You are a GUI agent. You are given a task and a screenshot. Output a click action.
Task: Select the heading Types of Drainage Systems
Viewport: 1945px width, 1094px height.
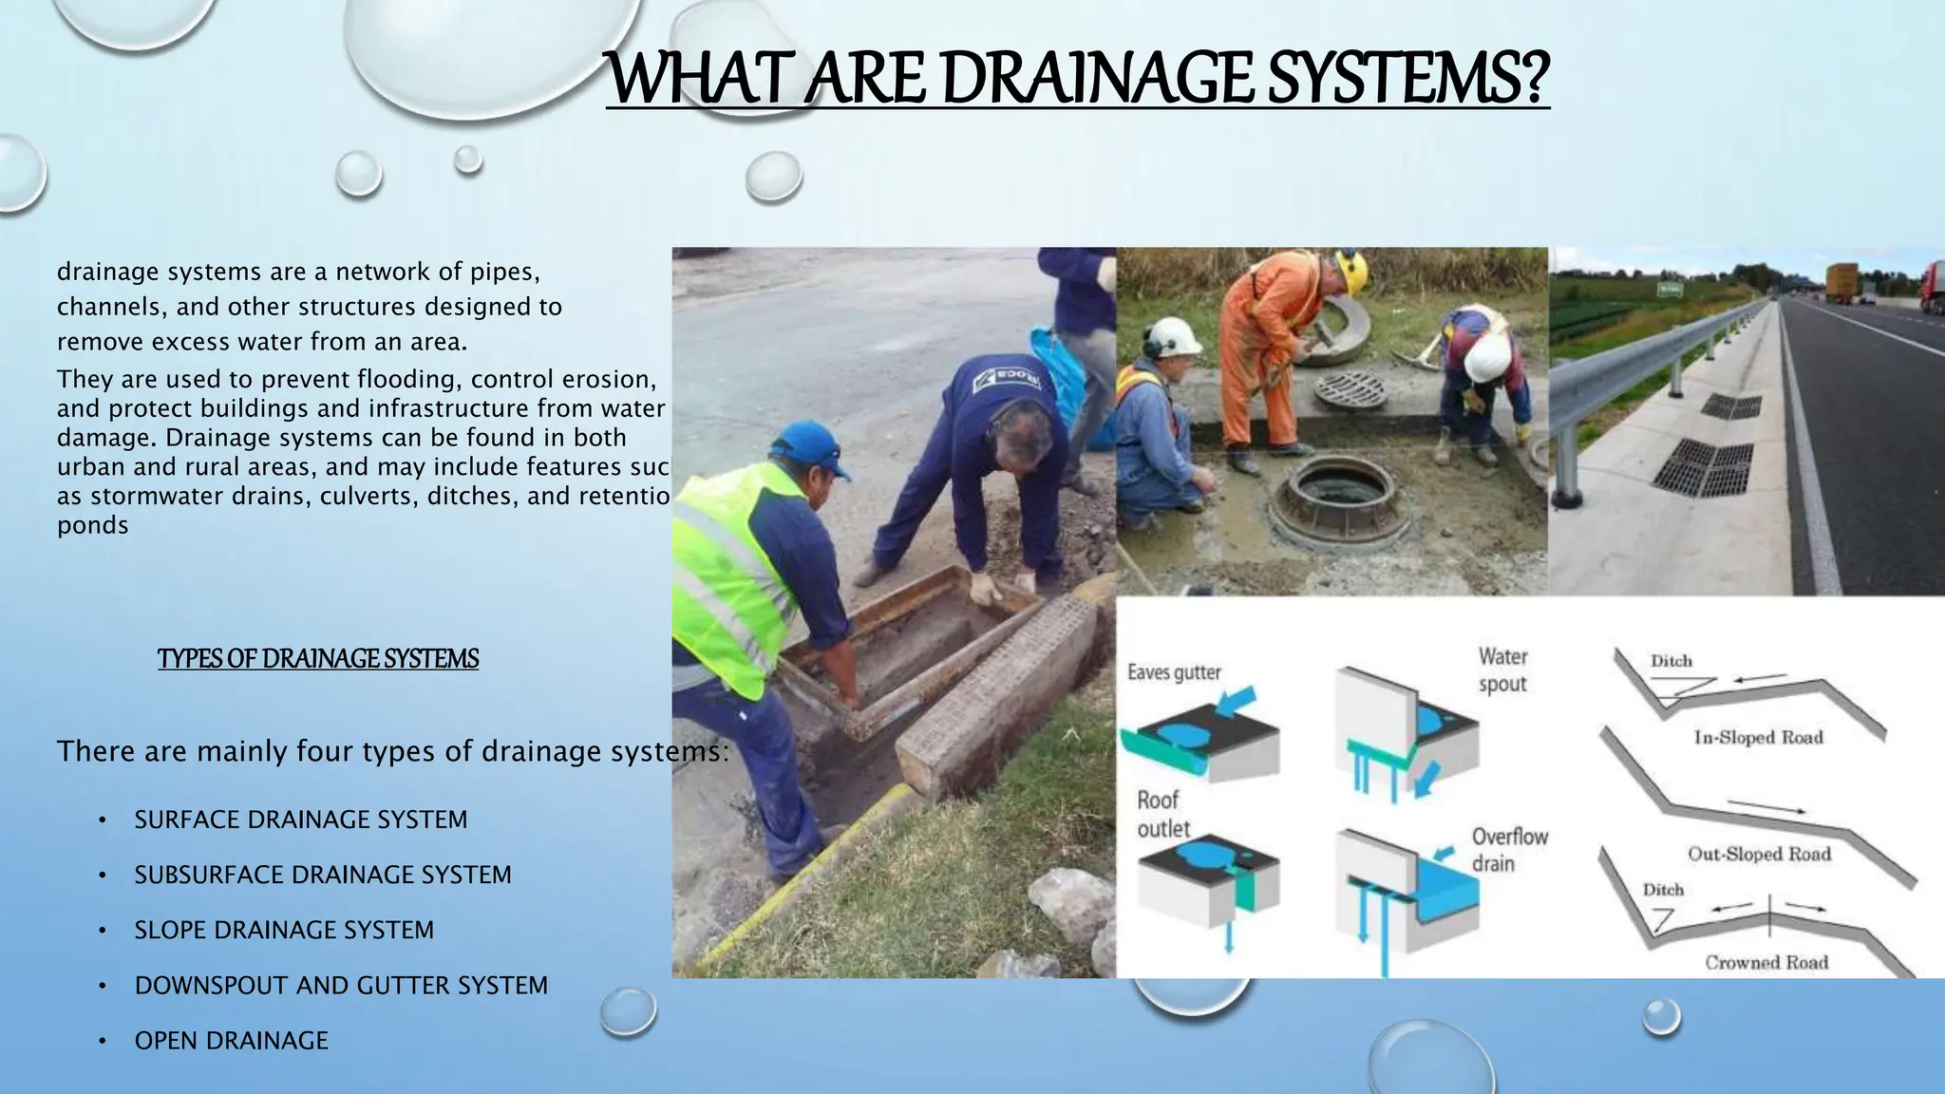(x=318, y=659)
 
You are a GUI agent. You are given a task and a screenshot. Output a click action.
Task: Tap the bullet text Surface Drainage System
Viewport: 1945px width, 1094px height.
(x=300, y=820)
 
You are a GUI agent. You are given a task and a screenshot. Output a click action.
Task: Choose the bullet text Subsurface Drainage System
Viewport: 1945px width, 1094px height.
(x=322, y=875)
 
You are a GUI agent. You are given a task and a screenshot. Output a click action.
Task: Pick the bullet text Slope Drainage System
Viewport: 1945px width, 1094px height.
(x=284, y=930)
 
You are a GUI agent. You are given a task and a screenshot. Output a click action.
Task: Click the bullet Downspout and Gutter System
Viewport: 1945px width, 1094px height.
(x=341, y=986)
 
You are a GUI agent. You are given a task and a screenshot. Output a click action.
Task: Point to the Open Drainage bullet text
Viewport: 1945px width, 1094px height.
(x=231, y=1041)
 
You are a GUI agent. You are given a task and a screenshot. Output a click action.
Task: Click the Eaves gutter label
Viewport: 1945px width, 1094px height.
(x=1174, y=672)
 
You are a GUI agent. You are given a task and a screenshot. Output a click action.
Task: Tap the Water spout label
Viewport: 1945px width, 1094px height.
(x=1502, y=670)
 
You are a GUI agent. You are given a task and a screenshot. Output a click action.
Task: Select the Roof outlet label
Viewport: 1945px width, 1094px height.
(x=1162, y=814)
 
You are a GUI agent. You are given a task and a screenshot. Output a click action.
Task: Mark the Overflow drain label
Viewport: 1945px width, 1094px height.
(x=1509, y=850)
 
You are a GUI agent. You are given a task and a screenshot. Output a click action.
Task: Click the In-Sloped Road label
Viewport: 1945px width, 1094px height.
(x=1758, y=738)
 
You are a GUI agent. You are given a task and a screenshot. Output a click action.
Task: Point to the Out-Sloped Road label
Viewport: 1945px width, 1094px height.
(x=1759, y=854)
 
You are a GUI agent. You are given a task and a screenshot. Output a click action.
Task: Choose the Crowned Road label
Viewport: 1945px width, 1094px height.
(x=1766, y=963)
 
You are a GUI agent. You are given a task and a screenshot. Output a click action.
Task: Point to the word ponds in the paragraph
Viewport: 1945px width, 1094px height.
(x=92, y=526)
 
